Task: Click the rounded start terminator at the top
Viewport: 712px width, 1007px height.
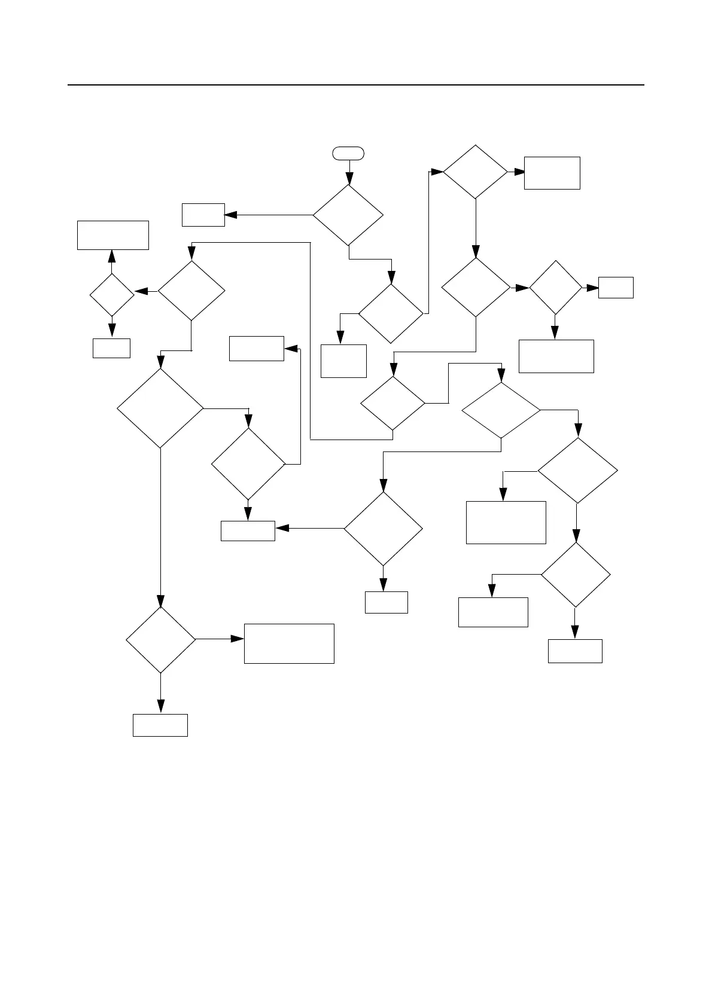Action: (x=348, y=153)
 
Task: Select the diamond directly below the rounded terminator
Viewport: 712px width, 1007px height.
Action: (x=348, y=215)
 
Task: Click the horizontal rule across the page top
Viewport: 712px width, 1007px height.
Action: (x=356, y=85)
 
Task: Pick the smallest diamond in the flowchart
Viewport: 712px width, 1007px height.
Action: (x=112, y=295)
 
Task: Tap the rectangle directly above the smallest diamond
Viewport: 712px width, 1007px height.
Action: (x=113, y=235)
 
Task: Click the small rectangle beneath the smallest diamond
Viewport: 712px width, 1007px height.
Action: (x=111, y=348)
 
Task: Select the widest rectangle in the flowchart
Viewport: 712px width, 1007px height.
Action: (x=289, y=643)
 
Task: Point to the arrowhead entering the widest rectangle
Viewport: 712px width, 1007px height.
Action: (x=239, y=639)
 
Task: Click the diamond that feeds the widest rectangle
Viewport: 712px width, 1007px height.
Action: (x=161, y=640)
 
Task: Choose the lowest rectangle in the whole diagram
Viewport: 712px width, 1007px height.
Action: (x=160, y=725)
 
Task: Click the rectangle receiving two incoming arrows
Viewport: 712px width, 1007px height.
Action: (x=248, y=531)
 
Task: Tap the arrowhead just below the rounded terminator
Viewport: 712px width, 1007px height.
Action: (x=349, y=179)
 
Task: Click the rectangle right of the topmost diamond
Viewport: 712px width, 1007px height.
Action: (x=552, y=173)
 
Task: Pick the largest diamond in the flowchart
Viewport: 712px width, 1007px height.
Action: (x=160, y=408)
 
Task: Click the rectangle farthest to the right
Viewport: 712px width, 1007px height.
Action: (x=616, y=288)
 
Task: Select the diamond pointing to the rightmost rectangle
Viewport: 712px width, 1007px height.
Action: (x=556, y=288)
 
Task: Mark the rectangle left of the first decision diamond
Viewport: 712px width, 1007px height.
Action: (x=203, y=215)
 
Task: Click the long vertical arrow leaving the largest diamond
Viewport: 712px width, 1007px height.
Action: (x=160, y=526)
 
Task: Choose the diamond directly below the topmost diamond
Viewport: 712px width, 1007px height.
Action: (x=476, y=287)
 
